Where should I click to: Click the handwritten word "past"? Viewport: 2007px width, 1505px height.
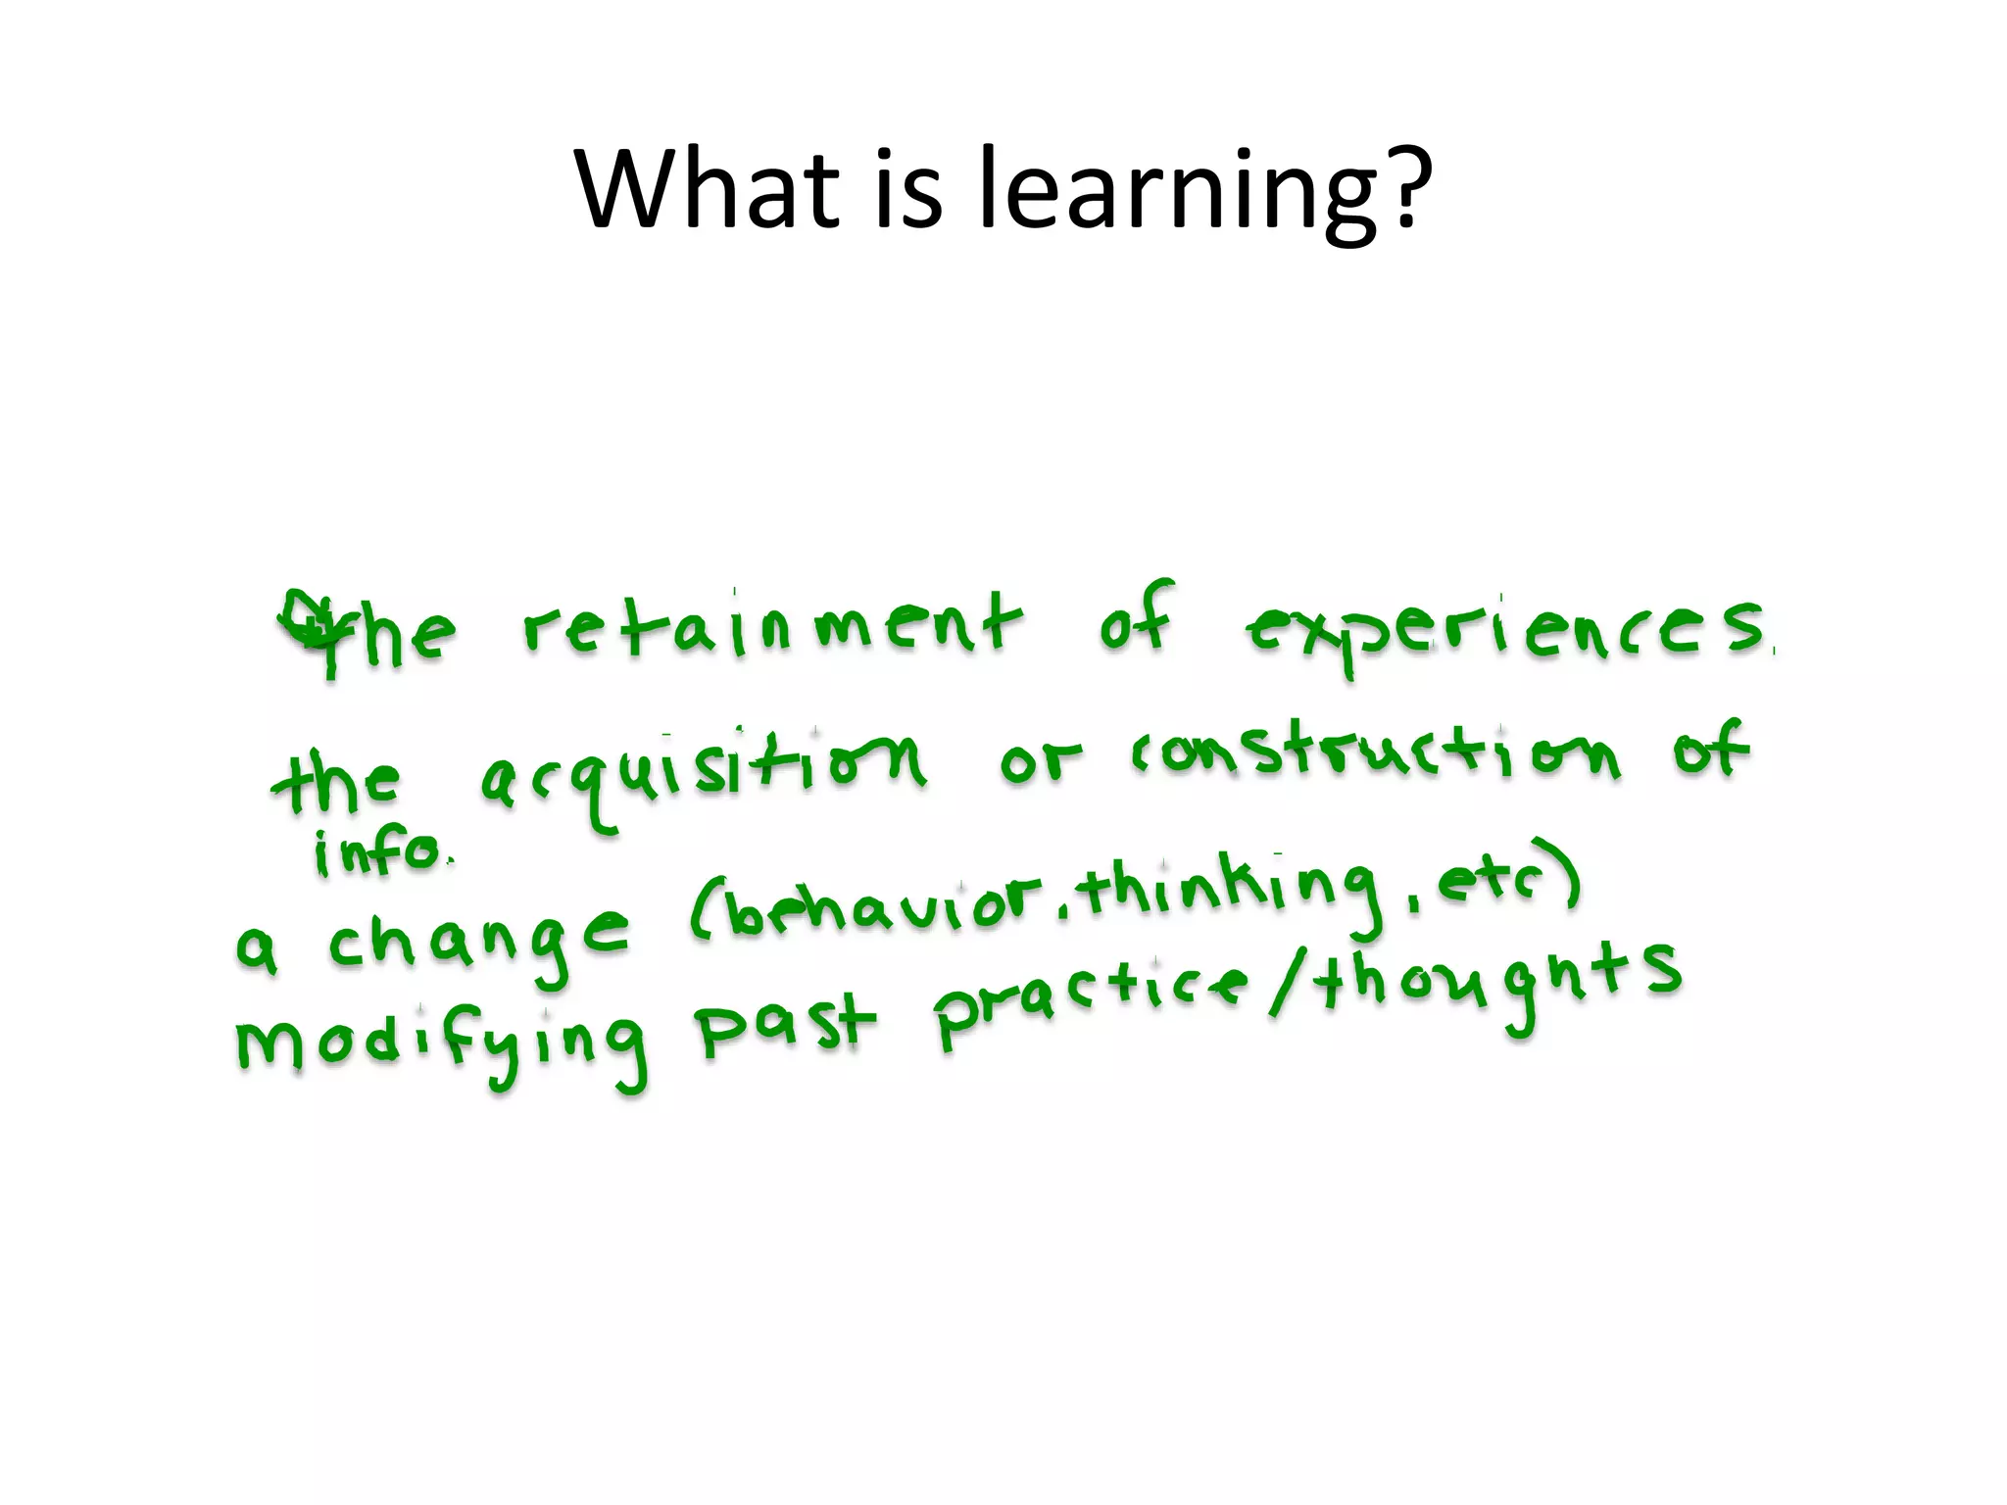[x=784, y=1024]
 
